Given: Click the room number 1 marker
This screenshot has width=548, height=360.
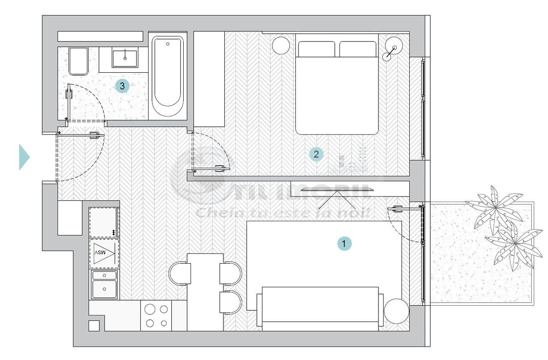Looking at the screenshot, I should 344,244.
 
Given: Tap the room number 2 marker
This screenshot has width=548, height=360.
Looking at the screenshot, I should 316,154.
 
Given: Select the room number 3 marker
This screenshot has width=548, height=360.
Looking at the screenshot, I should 122,86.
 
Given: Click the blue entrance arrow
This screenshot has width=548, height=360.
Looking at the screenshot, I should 24,157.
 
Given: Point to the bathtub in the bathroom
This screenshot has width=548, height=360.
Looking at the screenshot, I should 167,76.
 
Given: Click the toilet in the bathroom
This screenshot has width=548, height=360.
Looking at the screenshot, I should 78,61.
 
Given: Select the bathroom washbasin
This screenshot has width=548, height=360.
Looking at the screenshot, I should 125,58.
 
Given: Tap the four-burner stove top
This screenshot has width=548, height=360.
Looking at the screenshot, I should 156,315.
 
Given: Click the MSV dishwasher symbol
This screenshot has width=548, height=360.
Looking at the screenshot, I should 104,253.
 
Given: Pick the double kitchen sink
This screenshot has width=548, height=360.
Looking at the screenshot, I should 104,284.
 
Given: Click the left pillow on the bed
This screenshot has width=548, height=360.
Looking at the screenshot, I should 316,49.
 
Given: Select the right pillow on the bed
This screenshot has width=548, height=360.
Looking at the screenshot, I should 357,49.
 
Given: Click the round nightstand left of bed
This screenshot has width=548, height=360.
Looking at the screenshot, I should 281,45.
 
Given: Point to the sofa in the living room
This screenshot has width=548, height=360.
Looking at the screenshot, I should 320,308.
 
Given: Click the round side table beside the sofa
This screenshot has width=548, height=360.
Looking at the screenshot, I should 396,311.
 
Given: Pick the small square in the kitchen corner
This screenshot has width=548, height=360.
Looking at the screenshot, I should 94,325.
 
